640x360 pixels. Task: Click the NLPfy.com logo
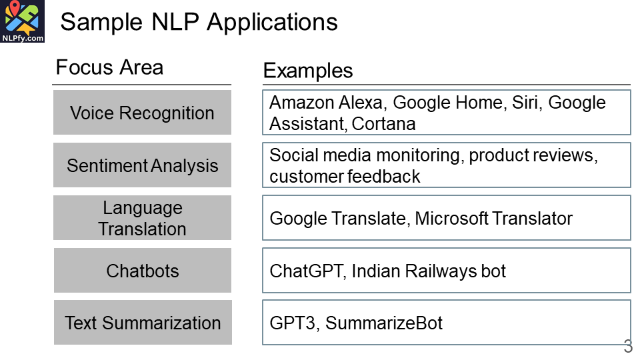(x=23, y=22)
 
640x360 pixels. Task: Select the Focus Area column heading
(x=109, y=67)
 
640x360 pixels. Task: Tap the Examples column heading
(x=308, y=71)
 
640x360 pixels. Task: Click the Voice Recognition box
(x=142, y=113)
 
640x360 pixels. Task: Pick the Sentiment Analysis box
(x=142, y=165)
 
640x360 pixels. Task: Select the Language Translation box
(x=142, y=218)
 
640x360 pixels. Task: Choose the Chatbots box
(x=142, y=271)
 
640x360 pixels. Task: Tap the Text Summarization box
(x=142, y=323)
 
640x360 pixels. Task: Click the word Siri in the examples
(x=527, y=103)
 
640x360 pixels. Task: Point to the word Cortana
(x=384, y=124)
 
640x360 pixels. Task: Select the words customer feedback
(x=345, y=177)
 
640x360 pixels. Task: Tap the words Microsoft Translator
(x=494, y=218)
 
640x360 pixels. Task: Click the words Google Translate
(x=337, y=218)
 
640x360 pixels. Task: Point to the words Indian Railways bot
(x=429, y=271)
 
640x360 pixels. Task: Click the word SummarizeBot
(x=384, y=323)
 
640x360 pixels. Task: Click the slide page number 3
(x=628, y=347)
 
